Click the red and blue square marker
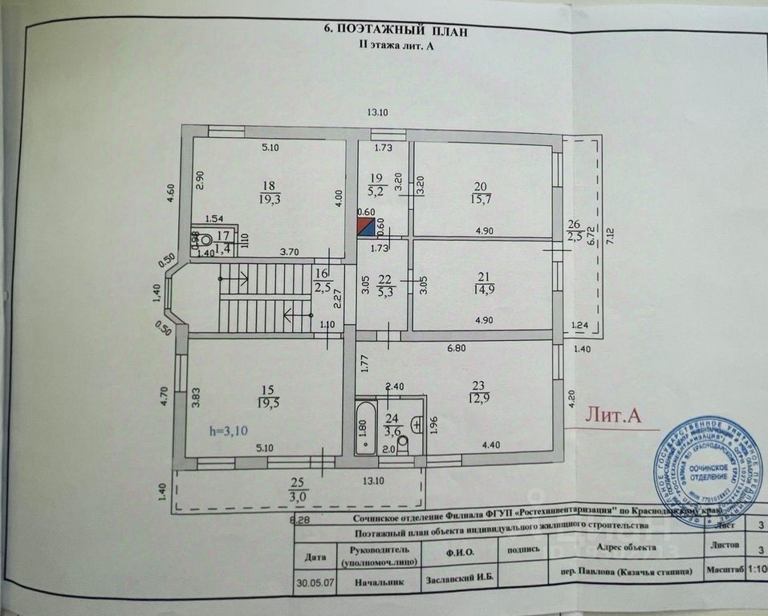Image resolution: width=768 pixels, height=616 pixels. [365, 227]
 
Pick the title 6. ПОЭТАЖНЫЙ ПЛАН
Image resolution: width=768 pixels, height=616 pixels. [393, 30]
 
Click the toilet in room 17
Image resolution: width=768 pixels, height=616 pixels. [205, 239]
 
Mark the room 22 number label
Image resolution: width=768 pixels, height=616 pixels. [384, 278]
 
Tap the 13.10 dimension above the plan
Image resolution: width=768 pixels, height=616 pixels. [377, 112]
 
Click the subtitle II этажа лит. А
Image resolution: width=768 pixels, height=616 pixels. [394, 47]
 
